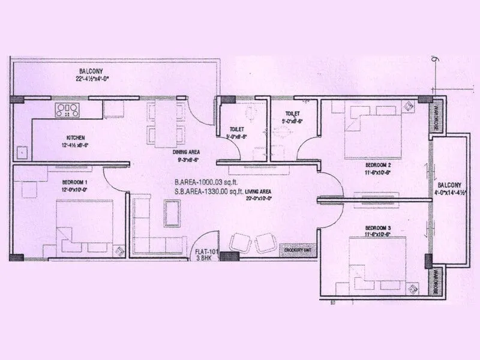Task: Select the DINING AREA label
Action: coord(185,152)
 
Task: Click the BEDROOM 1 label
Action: coord(75,182)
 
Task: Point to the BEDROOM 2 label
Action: coord(379,164)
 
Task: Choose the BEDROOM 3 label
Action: coord(379,228)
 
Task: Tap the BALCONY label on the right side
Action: coord(449,185)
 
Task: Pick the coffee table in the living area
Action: coord(173,211)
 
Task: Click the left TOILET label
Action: coord(236,129)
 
